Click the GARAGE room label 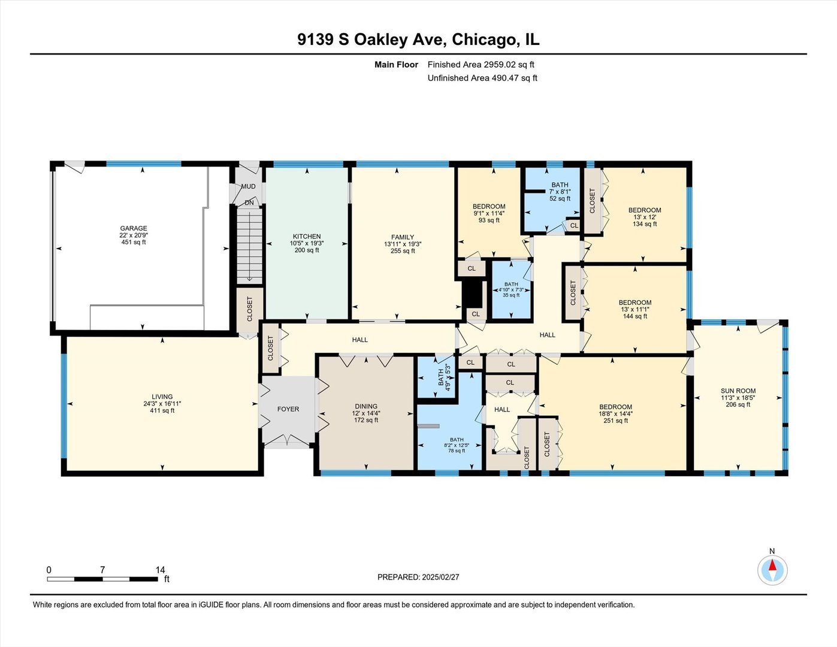[133, 228]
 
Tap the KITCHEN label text [307, 237]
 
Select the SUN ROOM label [738, 391]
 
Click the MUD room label [248, 186]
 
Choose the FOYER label [288, 409]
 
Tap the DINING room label [365, 406]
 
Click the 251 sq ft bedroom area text [615, 421]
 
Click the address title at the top [418, 40]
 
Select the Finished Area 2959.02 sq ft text [481, 65]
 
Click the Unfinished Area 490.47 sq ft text [482, 78]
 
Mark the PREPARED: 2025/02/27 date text [418, 577]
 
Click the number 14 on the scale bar [160, 570]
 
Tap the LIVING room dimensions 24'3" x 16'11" [162, 404]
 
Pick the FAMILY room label [403, 237]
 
